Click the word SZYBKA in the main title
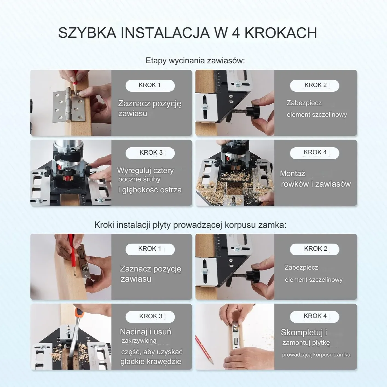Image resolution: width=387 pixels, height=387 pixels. [87, 33]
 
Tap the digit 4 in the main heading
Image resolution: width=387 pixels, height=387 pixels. [236, 33]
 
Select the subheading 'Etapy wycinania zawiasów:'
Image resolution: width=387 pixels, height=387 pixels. [195, 60]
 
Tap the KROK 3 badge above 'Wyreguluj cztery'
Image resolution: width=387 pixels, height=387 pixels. [150, 153]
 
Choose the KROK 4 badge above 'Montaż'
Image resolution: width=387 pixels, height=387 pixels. [315, 153]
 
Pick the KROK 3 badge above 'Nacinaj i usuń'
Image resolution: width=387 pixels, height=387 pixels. [150, 317]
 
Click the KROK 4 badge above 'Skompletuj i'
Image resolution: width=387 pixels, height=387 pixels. [315, 316]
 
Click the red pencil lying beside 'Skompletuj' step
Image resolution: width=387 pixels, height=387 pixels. [204, 349]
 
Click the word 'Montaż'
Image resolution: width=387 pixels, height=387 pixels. [292, 173]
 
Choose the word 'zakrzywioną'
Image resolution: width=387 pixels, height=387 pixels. [139, 341]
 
